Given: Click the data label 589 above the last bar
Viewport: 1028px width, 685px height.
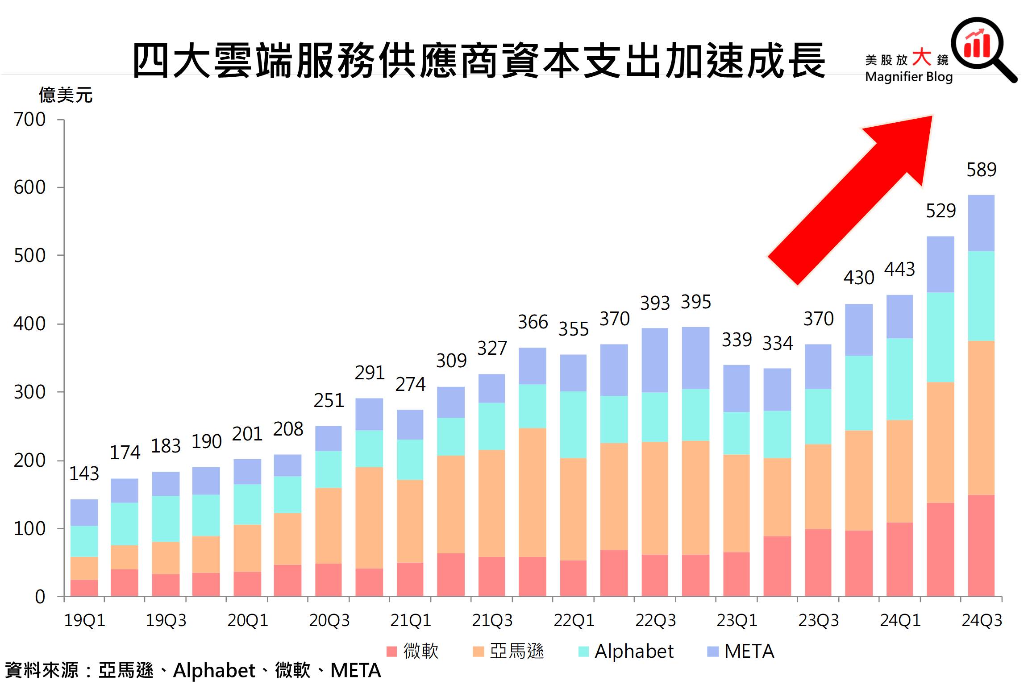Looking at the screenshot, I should (x=981, y=170).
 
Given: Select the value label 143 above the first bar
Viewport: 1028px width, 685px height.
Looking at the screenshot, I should (x=84, y=474).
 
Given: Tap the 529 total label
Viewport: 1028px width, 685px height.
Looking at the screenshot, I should (x=941, y=211).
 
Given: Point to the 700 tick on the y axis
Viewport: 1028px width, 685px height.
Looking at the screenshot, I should (x=29, y=120).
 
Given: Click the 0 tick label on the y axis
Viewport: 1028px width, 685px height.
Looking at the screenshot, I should (x=40, y=597).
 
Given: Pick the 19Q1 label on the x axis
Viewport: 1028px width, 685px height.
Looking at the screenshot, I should (x=84, y=621).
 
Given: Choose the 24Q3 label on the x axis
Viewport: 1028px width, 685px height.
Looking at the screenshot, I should (x=982, y=621).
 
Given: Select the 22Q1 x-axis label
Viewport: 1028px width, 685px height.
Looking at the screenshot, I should (x=574, y=621).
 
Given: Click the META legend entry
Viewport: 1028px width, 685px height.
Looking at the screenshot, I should (x=741, y=652).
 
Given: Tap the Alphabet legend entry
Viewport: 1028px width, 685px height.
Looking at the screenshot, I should (x=626, y=652).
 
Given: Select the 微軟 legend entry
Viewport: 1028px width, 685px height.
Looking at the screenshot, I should (x=413, y=652).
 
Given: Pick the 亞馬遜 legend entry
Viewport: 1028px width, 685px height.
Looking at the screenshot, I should (x=508, y=652).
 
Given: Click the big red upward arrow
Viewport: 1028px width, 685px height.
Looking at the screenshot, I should (x=857, y=196).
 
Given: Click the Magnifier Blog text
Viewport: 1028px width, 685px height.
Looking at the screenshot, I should (x=908, y=77).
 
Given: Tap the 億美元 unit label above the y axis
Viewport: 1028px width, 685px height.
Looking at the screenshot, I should (x=66, y=95).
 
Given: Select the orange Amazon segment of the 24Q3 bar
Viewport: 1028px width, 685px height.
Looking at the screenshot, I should (x=981, y=418).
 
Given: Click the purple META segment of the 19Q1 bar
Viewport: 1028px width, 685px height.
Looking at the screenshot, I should (x=84, y=512).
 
